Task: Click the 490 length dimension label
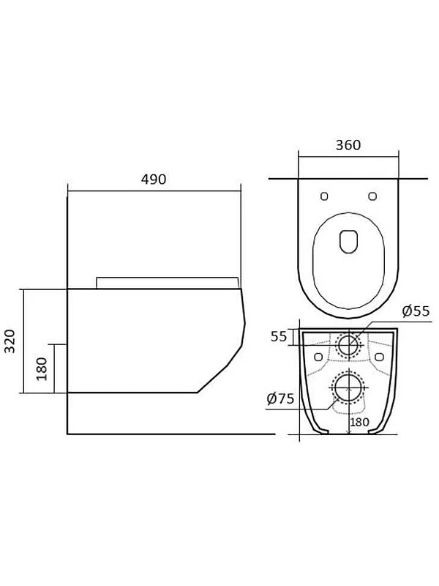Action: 154,179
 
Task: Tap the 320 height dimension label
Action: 10,341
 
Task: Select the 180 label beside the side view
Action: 42,369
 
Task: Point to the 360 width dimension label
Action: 348,145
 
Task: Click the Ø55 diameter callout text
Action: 416,311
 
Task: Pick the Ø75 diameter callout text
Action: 281,398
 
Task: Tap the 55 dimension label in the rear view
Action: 279,336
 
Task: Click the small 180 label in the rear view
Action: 359,423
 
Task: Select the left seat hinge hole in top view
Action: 324,196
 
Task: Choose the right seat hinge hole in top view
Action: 372,196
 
